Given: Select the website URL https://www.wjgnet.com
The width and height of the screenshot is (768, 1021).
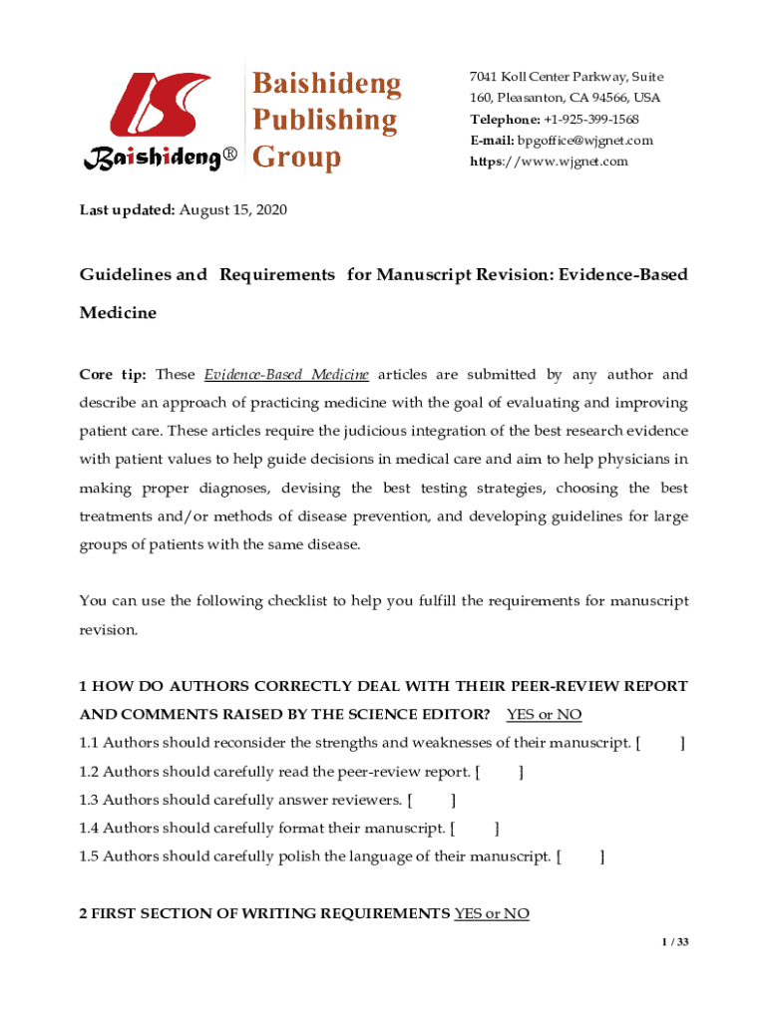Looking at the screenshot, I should coord(550,162).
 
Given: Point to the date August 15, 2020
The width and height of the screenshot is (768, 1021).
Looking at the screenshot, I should coord(233,211).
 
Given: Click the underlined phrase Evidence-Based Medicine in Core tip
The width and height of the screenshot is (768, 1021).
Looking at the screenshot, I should coord(286,375).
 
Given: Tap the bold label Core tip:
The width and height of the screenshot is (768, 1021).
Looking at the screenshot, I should coord(113,375).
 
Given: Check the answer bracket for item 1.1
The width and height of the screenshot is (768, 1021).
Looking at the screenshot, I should coord(660,743).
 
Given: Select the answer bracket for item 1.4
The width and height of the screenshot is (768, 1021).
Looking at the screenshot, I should coord(475,828).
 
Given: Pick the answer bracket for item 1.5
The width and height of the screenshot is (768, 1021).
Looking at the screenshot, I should coord(580,856).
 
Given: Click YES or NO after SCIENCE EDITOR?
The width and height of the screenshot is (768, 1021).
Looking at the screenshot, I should coord(544,715).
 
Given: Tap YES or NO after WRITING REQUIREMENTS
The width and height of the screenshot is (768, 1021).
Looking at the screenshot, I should coord(491,913).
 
